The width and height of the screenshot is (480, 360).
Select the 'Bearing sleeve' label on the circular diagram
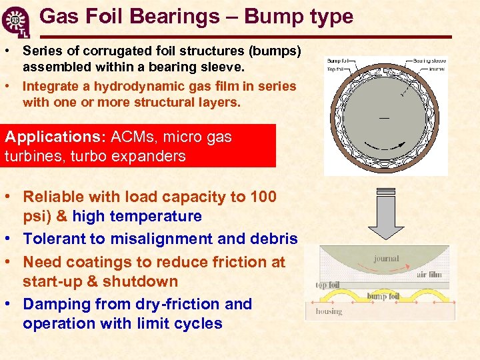click(x=429, y=61)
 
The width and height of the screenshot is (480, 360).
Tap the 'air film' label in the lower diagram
click(x=429, y=273)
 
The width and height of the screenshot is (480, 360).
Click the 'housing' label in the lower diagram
click(x=328, y=311)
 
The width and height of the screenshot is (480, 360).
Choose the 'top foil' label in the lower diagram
click(x=327, y=285)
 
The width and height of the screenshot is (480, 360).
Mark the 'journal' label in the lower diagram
click(x=387, y=258)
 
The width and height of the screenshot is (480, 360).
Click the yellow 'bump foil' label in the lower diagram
click(x=383, y=296)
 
